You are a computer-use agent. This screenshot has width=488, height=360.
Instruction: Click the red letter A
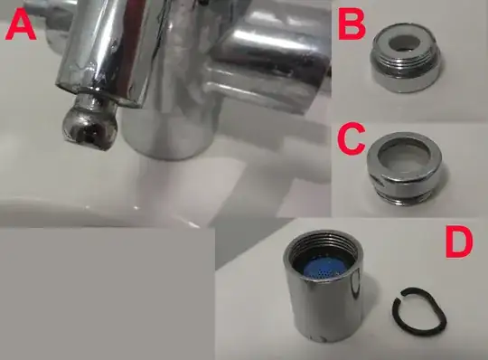(x=21, y=27)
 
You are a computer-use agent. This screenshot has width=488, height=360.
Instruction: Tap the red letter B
(x=352, y=26)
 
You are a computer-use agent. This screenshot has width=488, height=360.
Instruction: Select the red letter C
(x=351, y=138)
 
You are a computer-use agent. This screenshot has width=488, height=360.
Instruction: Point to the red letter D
(x=459, y=244)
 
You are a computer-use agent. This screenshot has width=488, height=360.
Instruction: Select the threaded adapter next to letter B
(x=406, y=58)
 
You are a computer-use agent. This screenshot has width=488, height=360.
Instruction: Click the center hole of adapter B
(x=405, y=43)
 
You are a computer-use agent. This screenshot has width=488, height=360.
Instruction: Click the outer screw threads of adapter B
(x=405, y=66)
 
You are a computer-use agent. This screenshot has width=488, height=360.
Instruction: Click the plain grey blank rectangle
(x=107, y=294)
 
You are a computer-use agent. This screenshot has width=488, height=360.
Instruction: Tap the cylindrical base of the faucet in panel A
(x=168, y=134)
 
